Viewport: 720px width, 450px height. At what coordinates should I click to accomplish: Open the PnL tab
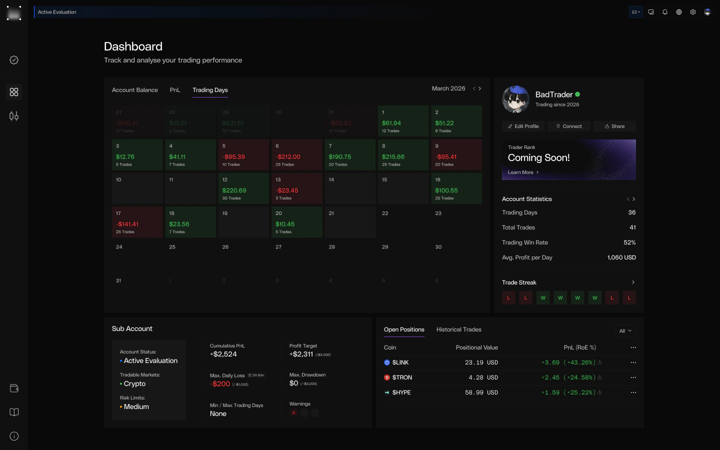(x=175, y=90)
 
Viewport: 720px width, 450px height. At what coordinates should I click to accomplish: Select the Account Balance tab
(x=134, y=90)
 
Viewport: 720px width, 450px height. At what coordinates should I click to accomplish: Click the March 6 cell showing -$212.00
(x=297, y=155)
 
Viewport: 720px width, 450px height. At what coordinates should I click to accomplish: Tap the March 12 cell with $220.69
(x=244, y=188)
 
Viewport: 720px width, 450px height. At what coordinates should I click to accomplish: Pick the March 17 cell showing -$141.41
(x=137, y=222)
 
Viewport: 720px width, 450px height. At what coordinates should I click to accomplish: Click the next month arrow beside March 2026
(x=480, y=88)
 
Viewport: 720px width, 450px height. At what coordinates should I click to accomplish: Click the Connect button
(x=569, y=126)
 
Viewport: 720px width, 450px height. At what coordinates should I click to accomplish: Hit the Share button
(x=614, y=126)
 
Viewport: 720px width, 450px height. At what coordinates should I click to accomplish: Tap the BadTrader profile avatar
(x=515, y=99)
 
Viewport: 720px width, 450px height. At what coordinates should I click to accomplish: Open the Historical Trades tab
(x=458, y=329)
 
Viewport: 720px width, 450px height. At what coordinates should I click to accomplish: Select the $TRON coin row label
(x=402, y=377)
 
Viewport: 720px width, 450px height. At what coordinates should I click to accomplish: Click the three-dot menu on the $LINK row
(x=633, y=362)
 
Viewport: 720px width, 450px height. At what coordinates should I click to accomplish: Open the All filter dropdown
(x=625, y=331)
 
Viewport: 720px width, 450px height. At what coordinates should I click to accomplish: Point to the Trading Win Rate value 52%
(x=629, y=242)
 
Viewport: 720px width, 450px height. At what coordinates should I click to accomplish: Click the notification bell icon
(x=665, y=12)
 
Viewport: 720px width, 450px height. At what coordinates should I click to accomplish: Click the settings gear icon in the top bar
(x=693, y=12)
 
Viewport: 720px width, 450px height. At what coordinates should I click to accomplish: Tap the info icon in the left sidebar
(x=14, y=436)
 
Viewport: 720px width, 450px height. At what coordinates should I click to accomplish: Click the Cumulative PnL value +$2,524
(x=223, y=354)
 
